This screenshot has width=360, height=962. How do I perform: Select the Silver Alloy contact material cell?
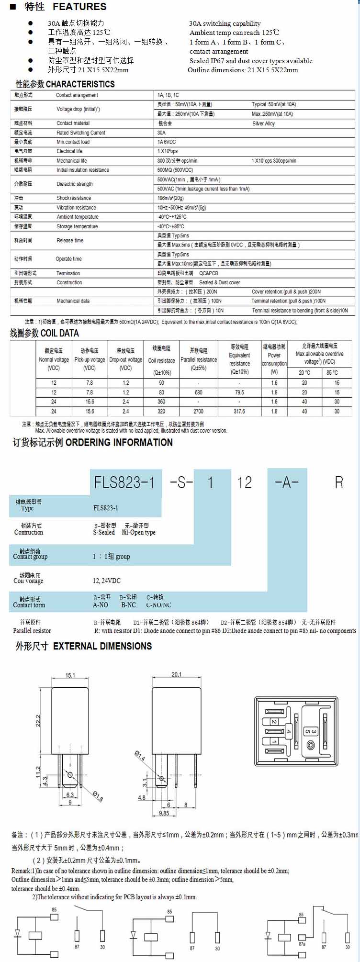point(263,123)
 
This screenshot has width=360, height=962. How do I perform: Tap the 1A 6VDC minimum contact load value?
point(167,142)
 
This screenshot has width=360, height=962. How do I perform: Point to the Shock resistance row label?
point(73,198)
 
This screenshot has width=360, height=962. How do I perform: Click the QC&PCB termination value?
point(208,273)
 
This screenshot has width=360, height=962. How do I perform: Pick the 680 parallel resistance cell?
point(199,392)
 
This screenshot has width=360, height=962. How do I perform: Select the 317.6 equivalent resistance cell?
point(239,411)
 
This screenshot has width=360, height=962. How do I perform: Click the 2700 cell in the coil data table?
point(199,411)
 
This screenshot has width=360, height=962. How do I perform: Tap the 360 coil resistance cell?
point(161,402)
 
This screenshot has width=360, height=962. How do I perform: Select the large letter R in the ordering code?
point(339,482)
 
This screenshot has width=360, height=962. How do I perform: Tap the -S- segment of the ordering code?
point(181,482)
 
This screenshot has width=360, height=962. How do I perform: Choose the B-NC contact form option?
point(128,605)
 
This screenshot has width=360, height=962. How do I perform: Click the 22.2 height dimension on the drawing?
point(38,721)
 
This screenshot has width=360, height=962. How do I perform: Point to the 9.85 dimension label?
point(164,813)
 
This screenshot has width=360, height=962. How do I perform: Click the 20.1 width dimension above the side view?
point(176,674)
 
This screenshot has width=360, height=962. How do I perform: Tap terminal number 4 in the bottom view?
point(288,731)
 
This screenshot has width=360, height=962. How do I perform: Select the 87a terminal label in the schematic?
point(302,944)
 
